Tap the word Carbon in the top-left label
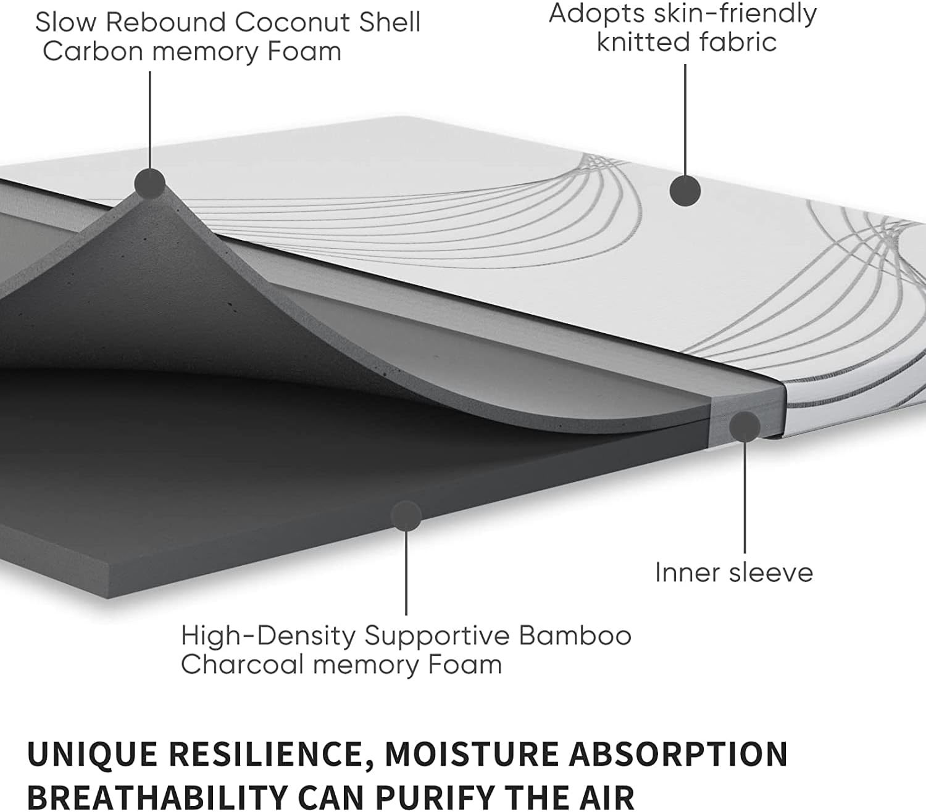93,51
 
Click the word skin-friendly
735,14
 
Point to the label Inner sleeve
734,573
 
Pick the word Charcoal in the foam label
243,664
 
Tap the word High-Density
269,636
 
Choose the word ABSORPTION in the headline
678,753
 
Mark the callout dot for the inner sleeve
745,426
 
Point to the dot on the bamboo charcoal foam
406,516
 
